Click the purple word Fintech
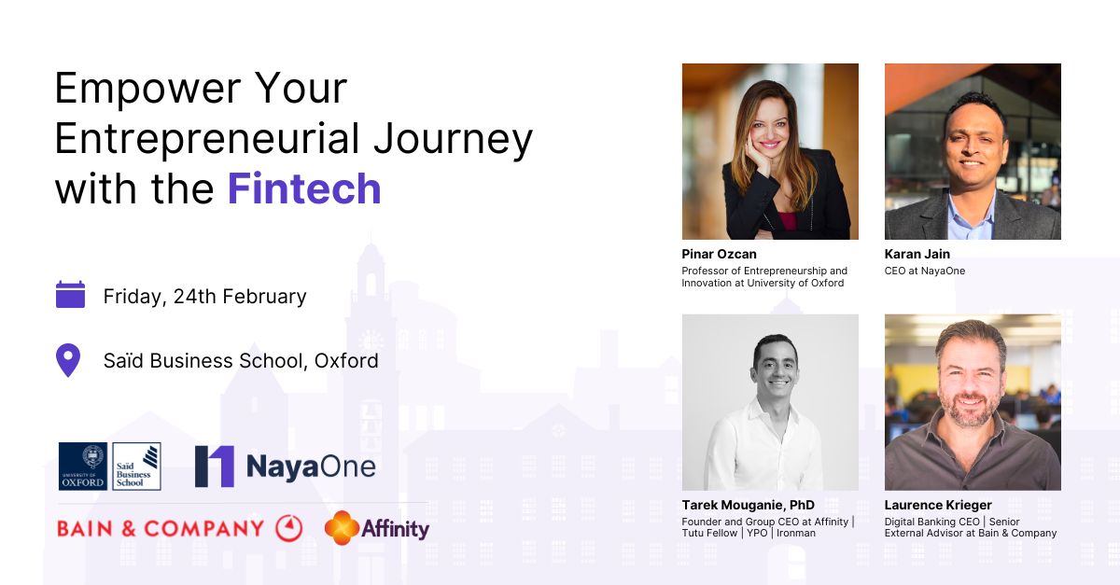click(x=304, y=189)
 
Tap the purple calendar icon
click(x=70, y=295)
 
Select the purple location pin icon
click(x=68, y=360)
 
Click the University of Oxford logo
click(x=83, y=466)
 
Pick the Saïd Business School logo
click(x=136, y=466)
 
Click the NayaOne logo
click(x=285, y=466)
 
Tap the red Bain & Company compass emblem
click(x=289, y=528)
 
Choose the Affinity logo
click(x=377, y=528)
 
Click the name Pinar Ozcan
click(x=719, y=254)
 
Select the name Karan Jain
click(x=917, y=254)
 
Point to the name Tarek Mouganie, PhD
click(x=748, y=505)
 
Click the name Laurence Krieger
click(x=938, y=505)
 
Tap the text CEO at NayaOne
click(x=925, y=271)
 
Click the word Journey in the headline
click(x=453, y=140)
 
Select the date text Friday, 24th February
click(x=204, y=297)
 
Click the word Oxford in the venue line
click(x=346, y=360)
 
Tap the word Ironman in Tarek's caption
click(x=796, y=533)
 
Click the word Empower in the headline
click(x=147, y=89)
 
